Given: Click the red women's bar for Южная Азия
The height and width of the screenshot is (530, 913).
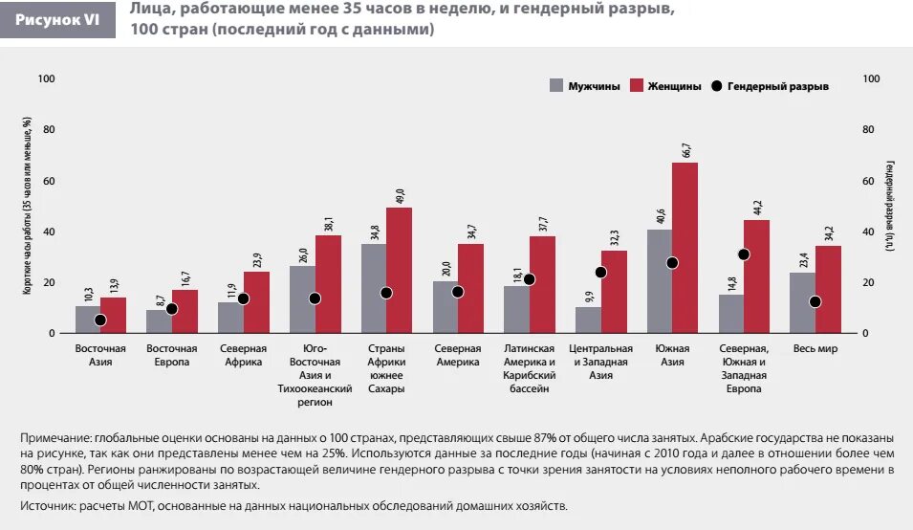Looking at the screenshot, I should pos(685,247).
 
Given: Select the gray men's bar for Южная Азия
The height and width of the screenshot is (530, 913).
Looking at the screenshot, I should pos(660,281).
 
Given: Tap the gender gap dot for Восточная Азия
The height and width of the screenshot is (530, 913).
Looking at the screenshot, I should pos(100,320).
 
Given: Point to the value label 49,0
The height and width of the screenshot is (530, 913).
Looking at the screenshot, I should pos(401,195).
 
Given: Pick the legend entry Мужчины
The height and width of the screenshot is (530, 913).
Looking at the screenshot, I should pos(585,86).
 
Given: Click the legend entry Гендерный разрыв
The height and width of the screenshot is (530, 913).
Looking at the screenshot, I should pos(770,86).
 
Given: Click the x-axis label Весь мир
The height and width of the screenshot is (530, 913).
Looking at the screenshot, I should pos(815,349).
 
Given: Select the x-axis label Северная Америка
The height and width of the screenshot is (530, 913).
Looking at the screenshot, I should pos(458,356).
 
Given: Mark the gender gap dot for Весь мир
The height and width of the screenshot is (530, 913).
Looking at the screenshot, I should pos(815,301).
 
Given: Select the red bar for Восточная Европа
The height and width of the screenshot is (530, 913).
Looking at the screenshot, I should pos(185,311).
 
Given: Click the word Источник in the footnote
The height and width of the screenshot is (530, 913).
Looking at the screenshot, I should pos(45,505).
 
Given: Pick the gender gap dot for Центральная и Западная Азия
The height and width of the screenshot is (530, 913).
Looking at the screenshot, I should pos(600,273).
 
